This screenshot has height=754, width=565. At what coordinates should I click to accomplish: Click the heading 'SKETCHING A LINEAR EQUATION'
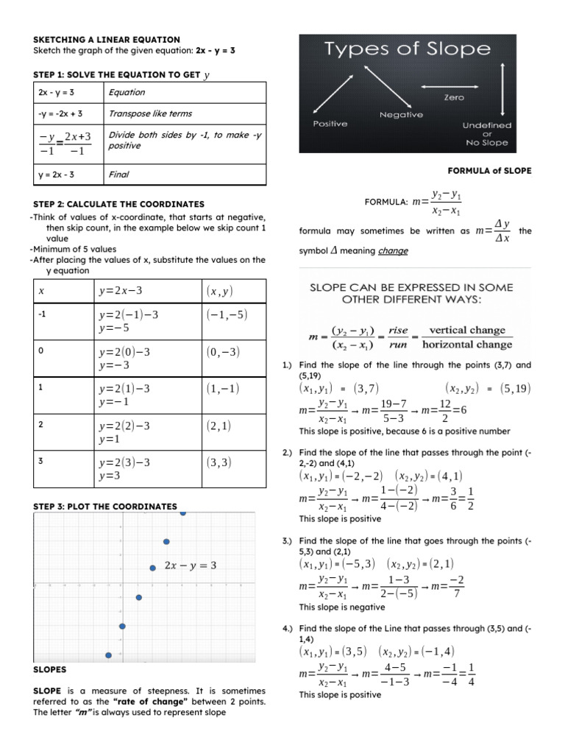coord(107,39)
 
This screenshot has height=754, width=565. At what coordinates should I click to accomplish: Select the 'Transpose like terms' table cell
coord(149,114)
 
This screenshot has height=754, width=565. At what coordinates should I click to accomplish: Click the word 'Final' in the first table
coord(118,175)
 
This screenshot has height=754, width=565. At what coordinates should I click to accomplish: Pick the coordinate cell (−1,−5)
coord(227,314)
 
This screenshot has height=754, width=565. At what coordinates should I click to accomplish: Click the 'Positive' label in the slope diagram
coord(332,123)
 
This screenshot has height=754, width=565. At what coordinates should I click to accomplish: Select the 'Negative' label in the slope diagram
coord(401,115)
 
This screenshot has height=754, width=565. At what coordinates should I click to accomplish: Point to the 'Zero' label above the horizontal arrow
coord(454,97)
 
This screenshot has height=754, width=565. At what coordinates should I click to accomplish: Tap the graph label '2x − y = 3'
coord(191,565)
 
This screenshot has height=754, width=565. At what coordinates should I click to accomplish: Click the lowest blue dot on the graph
coord(109,655)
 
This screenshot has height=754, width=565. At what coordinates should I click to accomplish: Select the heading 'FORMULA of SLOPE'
coord(489,171)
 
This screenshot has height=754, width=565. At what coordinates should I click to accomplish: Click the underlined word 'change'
coord(393,251)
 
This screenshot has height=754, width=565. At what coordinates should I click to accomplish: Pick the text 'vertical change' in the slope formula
coord(467,331)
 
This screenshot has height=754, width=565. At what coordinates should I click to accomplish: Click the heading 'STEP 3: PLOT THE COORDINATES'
coord(105,507)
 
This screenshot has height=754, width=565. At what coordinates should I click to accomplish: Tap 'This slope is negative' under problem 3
coord(341,607)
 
